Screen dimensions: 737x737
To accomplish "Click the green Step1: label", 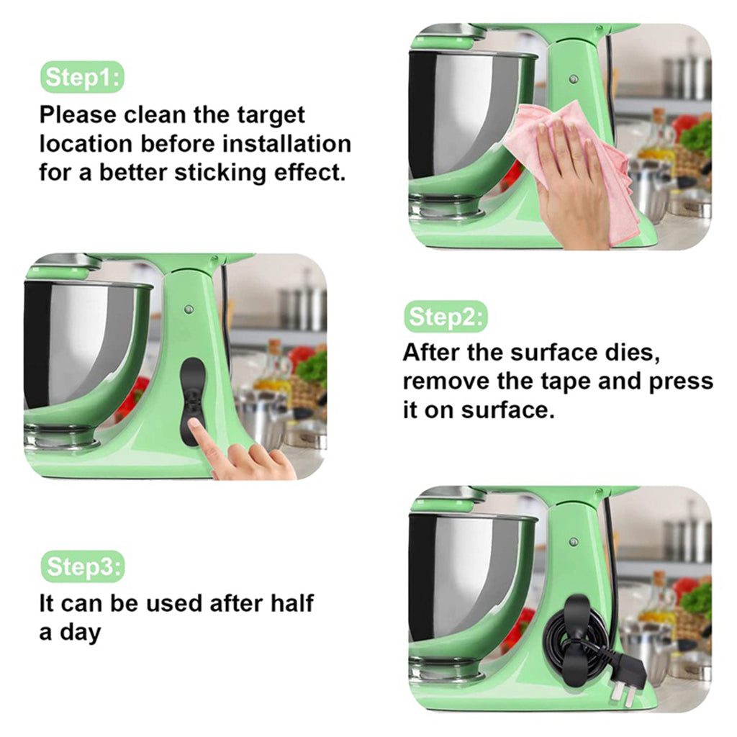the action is coord(82,77).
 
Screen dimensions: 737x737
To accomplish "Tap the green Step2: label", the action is coord(446,317).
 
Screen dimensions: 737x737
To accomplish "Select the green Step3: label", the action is coord(83,566).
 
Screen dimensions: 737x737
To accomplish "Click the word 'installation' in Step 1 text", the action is coord(286,144).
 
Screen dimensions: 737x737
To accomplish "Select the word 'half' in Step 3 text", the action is coord(291,603).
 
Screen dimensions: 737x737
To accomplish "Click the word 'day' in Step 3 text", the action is coord(81,633).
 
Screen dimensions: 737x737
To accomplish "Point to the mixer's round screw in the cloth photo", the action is coord(574,79).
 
